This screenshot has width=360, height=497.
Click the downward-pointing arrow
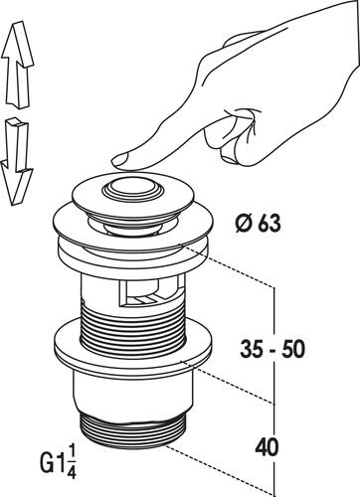pyautogui.click(x=17, y=162)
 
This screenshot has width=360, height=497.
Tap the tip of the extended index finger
pyautogui.click(x=113, y=161)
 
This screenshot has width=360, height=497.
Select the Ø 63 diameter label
pyautogui.click(x=259, y=224)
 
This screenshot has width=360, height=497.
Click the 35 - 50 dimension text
pyautogui.click(x=272, y=349)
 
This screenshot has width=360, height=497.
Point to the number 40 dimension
pyautogui.click(x=267, y=447)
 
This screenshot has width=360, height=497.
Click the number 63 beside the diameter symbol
pyautogui.click(x=270, y=225)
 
